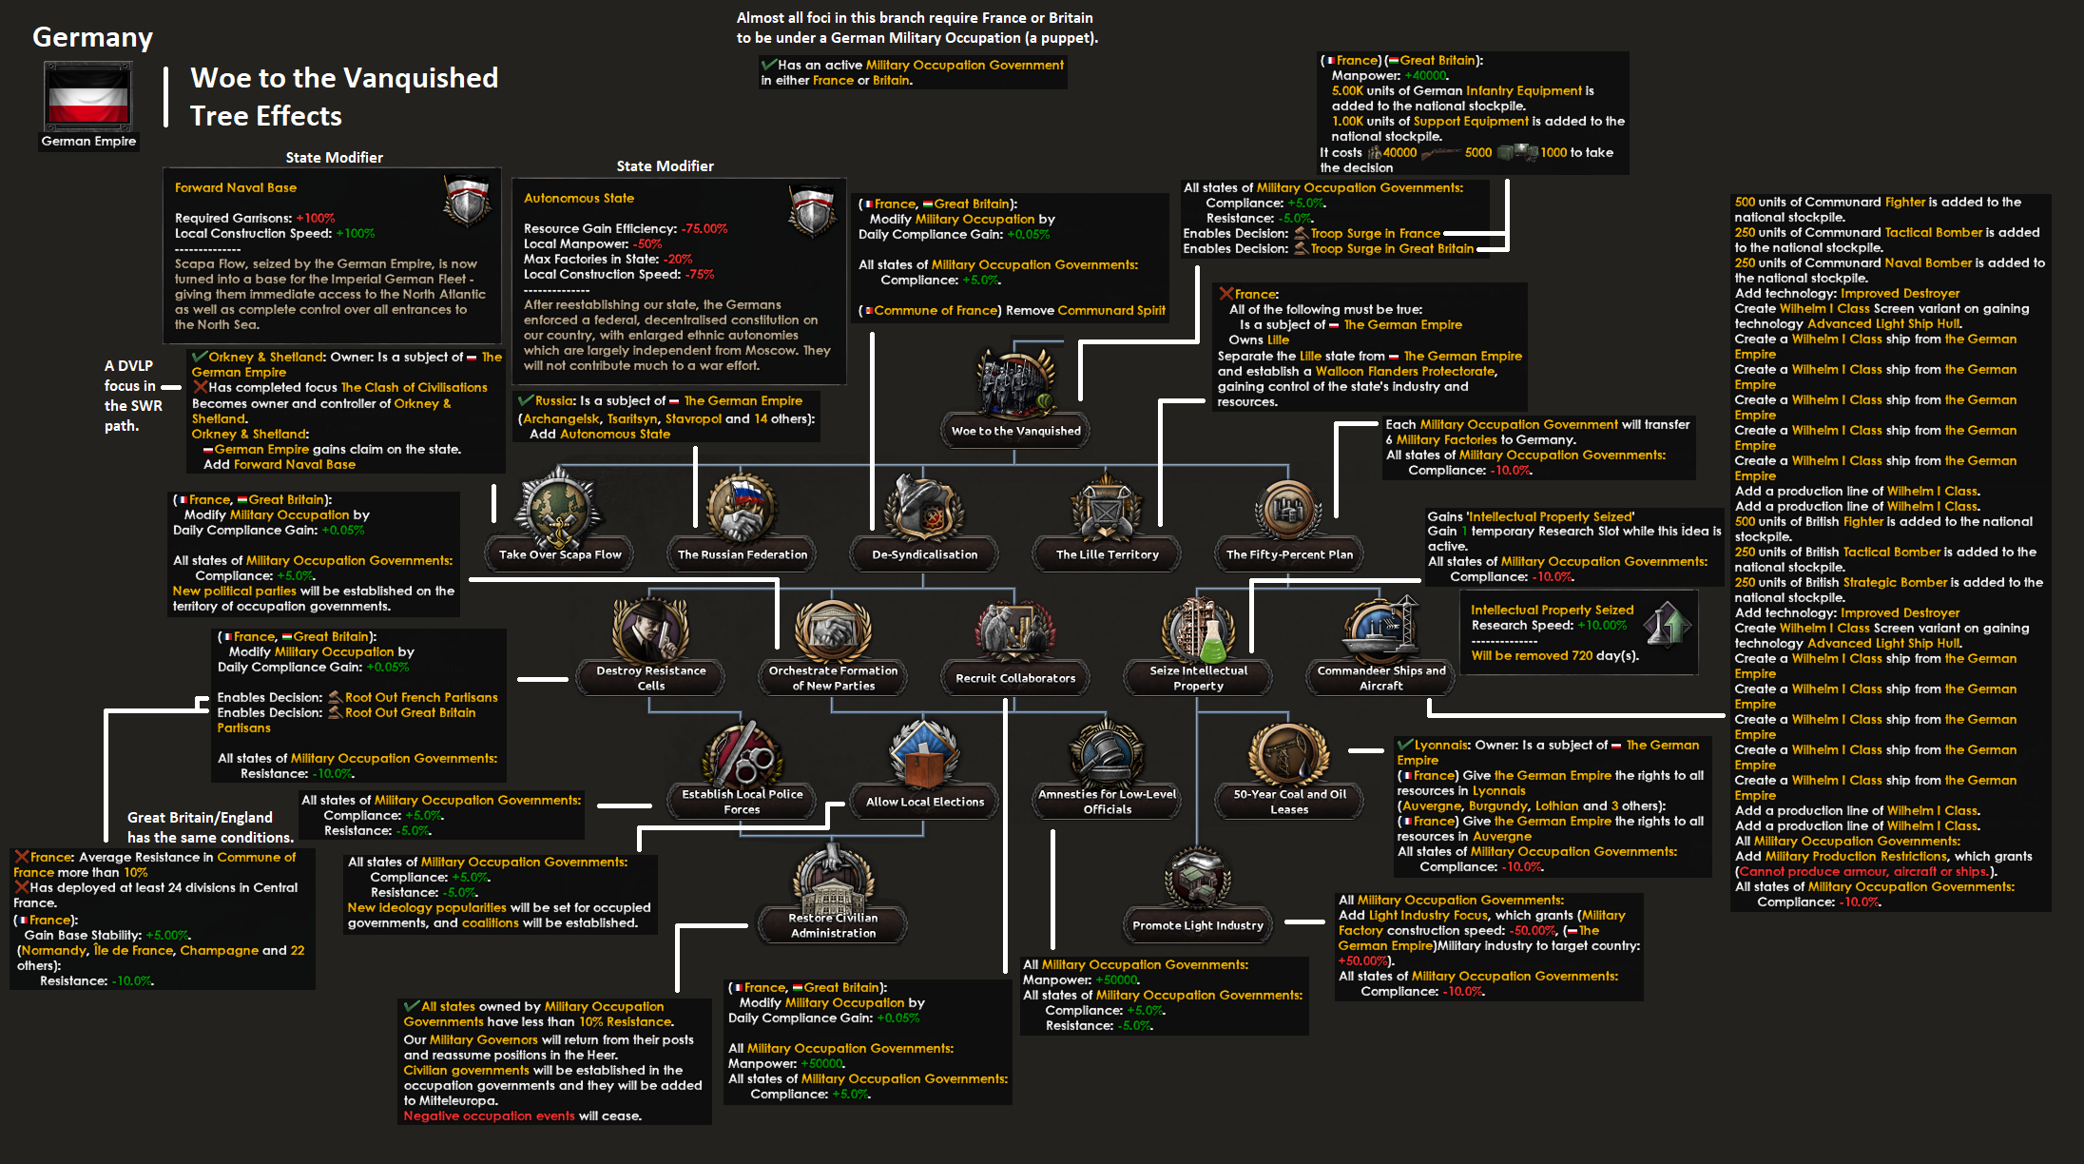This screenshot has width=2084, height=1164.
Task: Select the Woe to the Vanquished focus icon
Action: [1015, 380]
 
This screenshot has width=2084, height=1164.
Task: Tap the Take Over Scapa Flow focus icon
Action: [560, 509]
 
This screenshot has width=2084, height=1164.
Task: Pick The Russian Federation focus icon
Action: [743, 509]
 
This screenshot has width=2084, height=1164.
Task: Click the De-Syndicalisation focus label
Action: [924, 554]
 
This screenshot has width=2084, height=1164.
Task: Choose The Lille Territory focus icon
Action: [1107, 509]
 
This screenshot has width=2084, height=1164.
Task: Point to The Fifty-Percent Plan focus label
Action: [1289, 554]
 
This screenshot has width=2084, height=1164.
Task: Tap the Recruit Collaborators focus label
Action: [1015, 678]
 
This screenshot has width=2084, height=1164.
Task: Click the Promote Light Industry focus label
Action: [1198, 925]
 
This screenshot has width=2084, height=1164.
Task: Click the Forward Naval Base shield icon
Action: [467, 201]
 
